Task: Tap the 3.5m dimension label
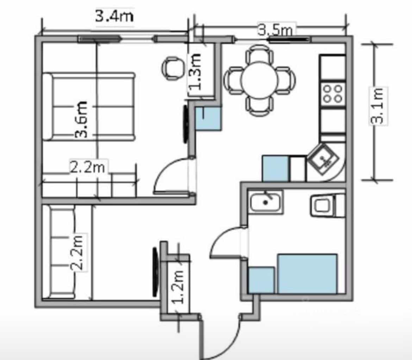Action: [275, 30]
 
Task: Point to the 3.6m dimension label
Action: [81, 120]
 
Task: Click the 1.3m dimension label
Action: [195, 71]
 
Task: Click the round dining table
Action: [259, 80]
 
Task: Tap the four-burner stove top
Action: [333, 94]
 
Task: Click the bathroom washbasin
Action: [266, 202]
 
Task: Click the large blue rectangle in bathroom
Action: [307, 274]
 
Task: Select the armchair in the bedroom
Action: [173, 68]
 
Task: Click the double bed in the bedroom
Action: [89, 107]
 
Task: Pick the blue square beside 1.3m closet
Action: [208, 119]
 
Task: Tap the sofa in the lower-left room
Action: [62, 252]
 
